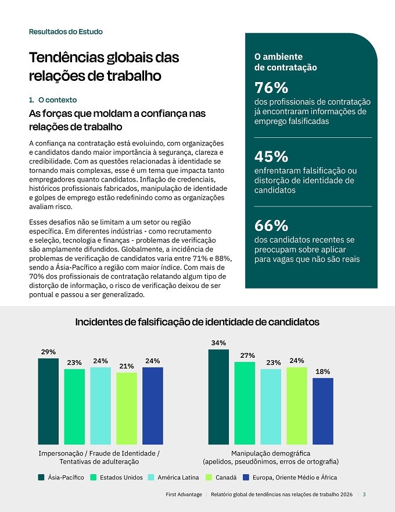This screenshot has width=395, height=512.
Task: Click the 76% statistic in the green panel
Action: coord(271,87)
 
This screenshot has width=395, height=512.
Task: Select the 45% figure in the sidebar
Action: coord(271,157)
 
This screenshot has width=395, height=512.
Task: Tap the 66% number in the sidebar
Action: coord(271,225)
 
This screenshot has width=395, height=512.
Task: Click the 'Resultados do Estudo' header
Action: coord(66,31)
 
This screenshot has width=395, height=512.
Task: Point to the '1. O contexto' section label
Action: coord(53,100)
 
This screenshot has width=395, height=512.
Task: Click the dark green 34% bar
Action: coord(218,397)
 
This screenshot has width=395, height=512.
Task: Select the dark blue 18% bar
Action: coord(323,411)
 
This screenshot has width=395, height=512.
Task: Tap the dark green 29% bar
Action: coord(48,401)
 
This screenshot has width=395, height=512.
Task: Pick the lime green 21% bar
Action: coord(127,408)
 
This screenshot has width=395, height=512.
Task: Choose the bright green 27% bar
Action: coord(245,403)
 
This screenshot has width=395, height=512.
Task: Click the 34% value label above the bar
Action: coord(218,343)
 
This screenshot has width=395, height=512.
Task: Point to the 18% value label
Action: coord(322,372)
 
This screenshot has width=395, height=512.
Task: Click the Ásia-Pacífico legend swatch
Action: coord(41,478)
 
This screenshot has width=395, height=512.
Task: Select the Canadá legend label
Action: coord(226,478)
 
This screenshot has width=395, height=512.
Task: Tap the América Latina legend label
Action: coord(178,478)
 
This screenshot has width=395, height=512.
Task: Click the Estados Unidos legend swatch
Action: coord(93,478)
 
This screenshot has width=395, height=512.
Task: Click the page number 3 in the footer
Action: coord(364,495)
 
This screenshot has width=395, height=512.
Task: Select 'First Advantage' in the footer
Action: coord(184,495)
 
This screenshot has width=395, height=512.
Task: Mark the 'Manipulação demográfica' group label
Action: coord(271,453)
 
